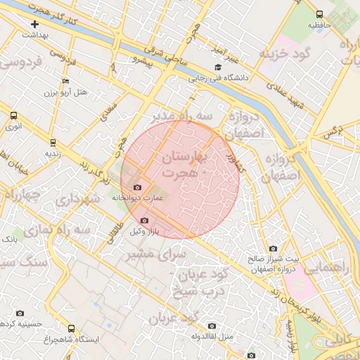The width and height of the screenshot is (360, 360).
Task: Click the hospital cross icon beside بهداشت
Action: point(34,25)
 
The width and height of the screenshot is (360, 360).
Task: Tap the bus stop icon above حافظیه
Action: point(320,14)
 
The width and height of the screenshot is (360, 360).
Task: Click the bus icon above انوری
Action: point(13,115)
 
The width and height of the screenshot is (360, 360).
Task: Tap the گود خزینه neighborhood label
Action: point(283,54)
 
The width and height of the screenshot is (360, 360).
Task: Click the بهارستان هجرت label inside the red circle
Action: point(181,164)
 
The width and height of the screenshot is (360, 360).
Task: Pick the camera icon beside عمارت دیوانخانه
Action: point(136,187)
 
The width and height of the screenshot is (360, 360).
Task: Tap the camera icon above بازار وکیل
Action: point(145,220)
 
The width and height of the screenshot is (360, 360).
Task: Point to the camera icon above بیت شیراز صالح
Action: point(273,248)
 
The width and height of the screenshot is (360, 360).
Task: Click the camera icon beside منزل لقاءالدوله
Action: point(212,326)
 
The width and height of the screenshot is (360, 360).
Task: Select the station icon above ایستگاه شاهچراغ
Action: point(70,328)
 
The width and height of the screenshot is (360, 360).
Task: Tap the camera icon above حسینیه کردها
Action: point(20,313)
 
